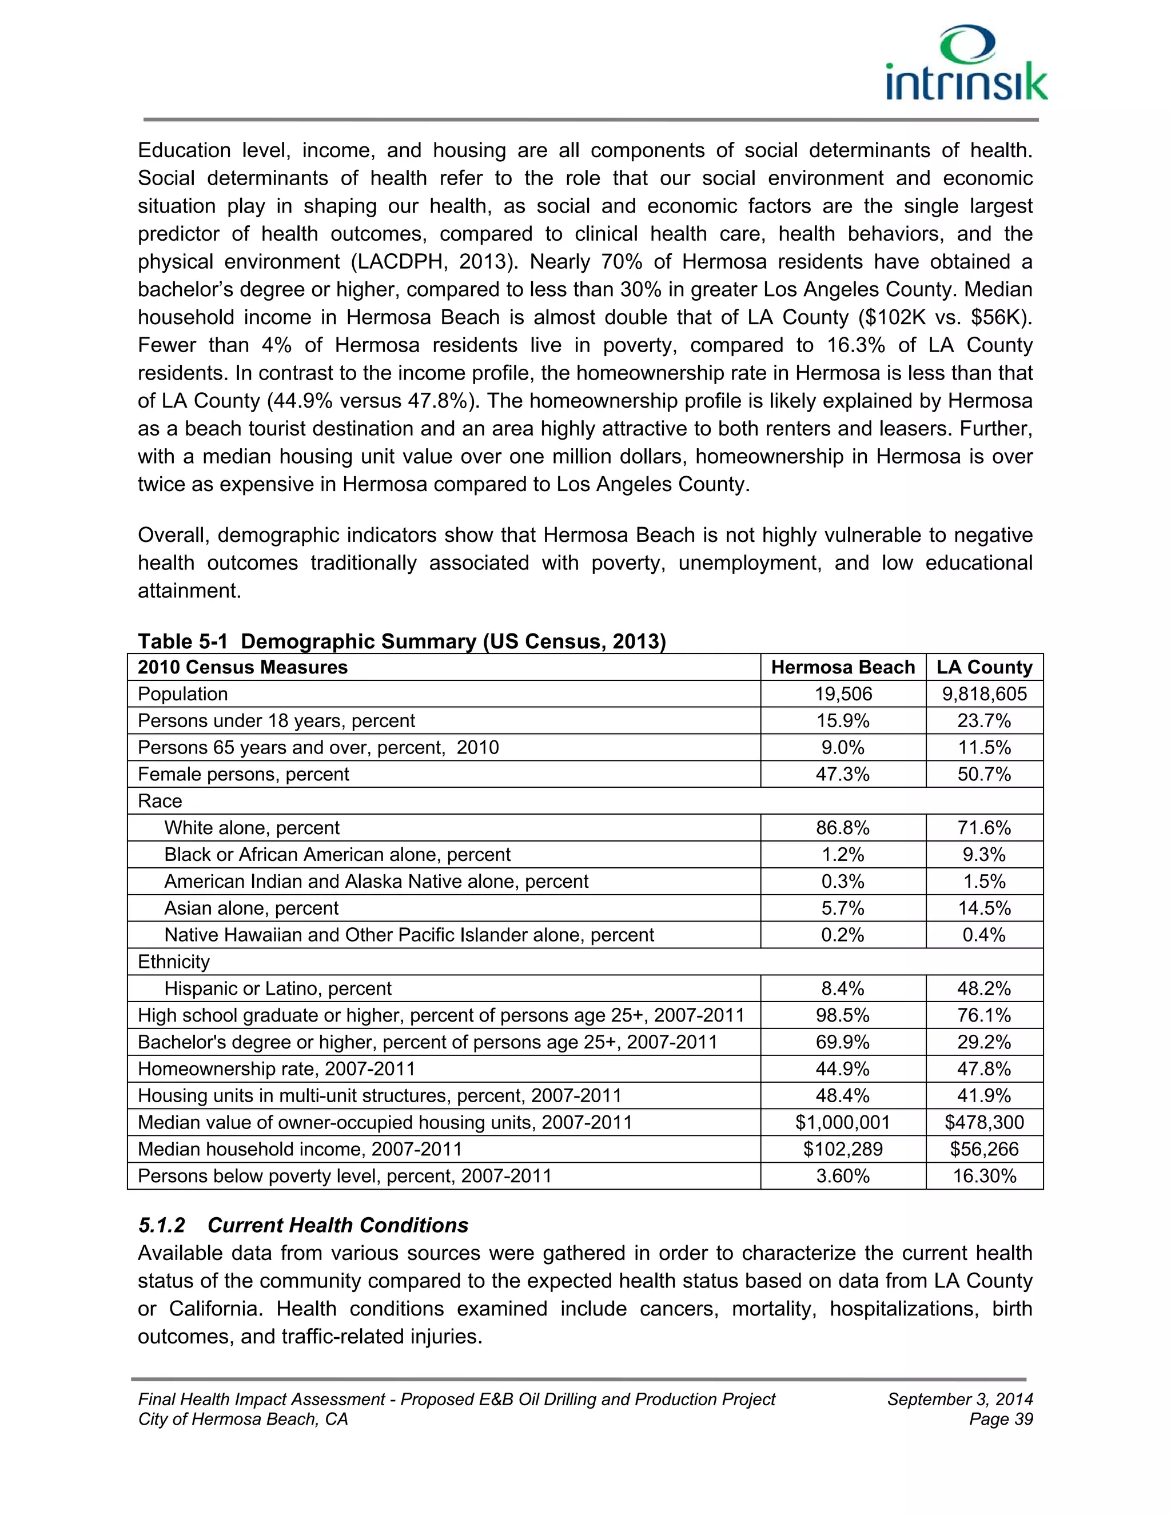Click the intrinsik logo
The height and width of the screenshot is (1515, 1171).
[x=967, y=65]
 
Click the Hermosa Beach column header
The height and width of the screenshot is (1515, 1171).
[x=843, y=667]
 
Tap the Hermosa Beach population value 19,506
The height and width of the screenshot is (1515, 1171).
[x=843, y=695]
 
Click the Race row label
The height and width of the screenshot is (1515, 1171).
[x=160, y=801]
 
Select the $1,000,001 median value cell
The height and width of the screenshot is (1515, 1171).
[x=843, y=1122]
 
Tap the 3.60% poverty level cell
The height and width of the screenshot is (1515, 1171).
[x=843, y=1177]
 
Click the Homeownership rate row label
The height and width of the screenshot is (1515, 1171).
[x=276, y=1069]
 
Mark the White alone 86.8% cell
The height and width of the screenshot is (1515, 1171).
[x=843, y=828]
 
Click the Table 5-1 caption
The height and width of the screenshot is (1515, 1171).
[x=401, y=641]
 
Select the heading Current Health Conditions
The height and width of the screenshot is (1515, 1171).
[x=338, y=1225]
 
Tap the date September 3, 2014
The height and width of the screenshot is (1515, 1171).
[x=959, y=1399]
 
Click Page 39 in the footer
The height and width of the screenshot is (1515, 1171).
[x=1001, y=1420]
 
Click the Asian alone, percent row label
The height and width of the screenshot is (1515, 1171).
[x=251, y=909]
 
